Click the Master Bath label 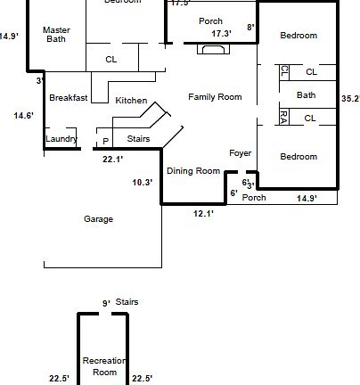pyautogui.click(x=56, y=35)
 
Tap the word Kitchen pyautogui.click(x=131, y=101)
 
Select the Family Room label pyautogui.click(x=215, y=96)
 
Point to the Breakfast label pyautogui.click(x=68, y=98)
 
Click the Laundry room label pyautogui.click(x=61, y=139)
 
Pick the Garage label pyautogui.click(x=98, y=218)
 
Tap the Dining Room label pyautogui.click(x=192, y=170)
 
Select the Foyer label pyautogui.click(x=241, y=153)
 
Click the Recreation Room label pyautogui.click(x=105, y=365)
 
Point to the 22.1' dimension pyautogui.click(x=112, y=160)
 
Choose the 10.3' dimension pyautogui.click(x=142, y=182)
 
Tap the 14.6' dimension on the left pyautogui.click(x=24, y=115)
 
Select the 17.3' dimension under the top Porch pyautogui.click(x=221, y=34)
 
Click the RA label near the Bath pyautogui.click(x=283, y=116)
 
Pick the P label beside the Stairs pyautogui.click(x=105, y=141)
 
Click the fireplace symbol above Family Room pyautogui.click(x=212, y=50)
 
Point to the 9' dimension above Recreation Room pyautogui.click(x=105, y=303)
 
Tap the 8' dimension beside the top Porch pyautogui.click(x=251, y=28)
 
